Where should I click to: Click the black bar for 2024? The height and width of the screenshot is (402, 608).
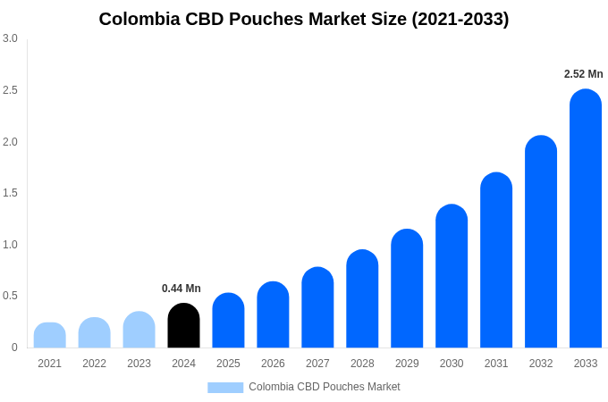(183, 326)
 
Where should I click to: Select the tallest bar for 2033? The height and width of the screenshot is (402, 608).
(586, 219)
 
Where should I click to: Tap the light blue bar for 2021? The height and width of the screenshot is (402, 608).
(50, 335)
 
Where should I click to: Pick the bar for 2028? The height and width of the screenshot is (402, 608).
(362, 299)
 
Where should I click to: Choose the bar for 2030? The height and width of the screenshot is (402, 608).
(452, 277)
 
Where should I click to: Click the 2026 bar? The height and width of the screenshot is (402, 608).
(273, 315)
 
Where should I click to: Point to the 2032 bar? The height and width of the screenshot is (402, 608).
(541, 242)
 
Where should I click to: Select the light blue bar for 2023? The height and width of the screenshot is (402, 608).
(139, 330)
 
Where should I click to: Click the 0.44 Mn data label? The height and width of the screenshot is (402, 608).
(182, 289)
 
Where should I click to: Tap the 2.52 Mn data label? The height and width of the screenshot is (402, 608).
(584, 74)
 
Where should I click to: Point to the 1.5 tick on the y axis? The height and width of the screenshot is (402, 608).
(10, 193)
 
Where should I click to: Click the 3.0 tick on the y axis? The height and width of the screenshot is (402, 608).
(10, 38)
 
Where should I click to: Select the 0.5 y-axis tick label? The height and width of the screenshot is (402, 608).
(10, 296)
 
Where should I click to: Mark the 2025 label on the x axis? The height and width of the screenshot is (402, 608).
(228, 364)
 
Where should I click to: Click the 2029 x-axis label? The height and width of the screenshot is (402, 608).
(407, 364)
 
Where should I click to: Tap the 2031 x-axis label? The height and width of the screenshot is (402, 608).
(496, 364)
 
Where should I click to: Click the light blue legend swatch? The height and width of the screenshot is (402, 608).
(225, 387)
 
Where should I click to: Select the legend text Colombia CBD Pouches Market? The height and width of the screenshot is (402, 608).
(325, 387)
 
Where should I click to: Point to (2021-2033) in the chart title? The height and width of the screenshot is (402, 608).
(460, 19)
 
